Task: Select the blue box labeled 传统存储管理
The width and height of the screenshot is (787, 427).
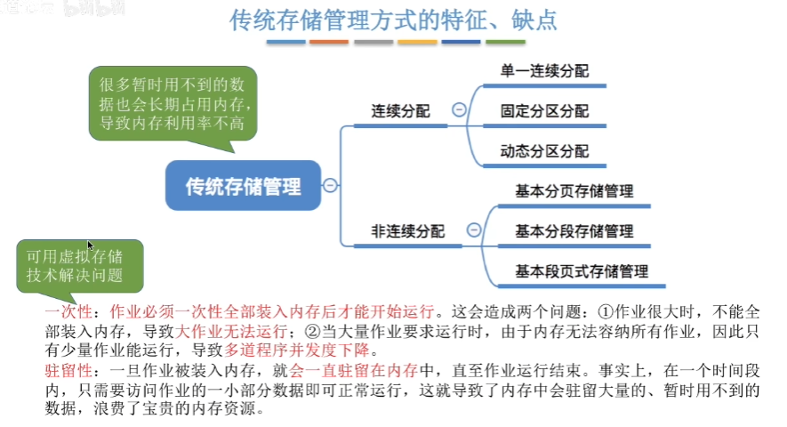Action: pyautogui.click(x=243, y=186)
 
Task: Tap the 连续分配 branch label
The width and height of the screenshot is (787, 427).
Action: pyautogui.click(x=400, y=111)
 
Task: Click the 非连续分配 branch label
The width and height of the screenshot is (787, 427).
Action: pyautogui.click(x=408, y=231)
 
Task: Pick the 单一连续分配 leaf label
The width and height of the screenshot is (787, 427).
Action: pyautogui.click(x=544, y=71)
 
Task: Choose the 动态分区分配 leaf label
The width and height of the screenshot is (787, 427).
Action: pyautogui.click(x=544, y=151)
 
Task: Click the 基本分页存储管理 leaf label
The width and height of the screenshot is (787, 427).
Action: pyautogui.click(x=574, y=191)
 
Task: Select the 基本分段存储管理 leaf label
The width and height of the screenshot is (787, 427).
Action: pyautogui.click(x=574, y=231)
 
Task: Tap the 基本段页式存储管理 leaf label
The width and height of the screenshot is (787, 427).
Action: pyautogui.click(x=582, y=270)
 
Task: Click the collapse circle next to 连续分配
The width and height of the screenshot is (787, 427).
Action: pyautogui.click(x=459, y=110)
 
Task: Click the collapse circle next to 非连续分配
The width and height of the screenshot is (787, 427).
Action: pyautogui.click(x=474, y=230)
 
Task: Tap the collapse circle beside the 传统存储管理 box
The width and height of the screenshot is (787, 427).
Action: pyautogui.click(x=330, y=186)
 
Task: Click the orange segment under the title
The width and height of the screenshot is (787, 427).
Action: pyautogui.click(x=329, y=42)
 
